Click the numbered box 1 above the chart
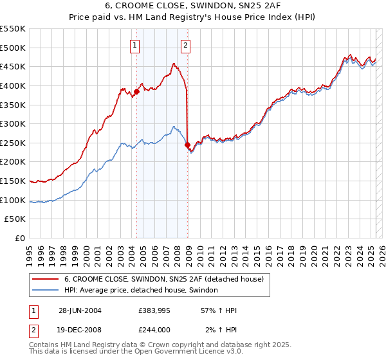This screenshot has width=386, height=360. pyautogui.click(x=135, y=45)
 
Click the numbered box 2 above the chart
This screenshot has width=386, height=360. pyautogui.click(x=185, y=45)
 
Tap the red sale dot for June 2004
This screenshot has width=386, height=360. pyautogui.click(x=137, y=92)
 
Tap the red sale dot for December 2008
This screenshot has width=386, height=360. pyautogui.click(x=187, y=145)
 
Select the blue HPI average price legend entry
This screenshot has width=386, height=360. pyautogui.click(x=141, y=291)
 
